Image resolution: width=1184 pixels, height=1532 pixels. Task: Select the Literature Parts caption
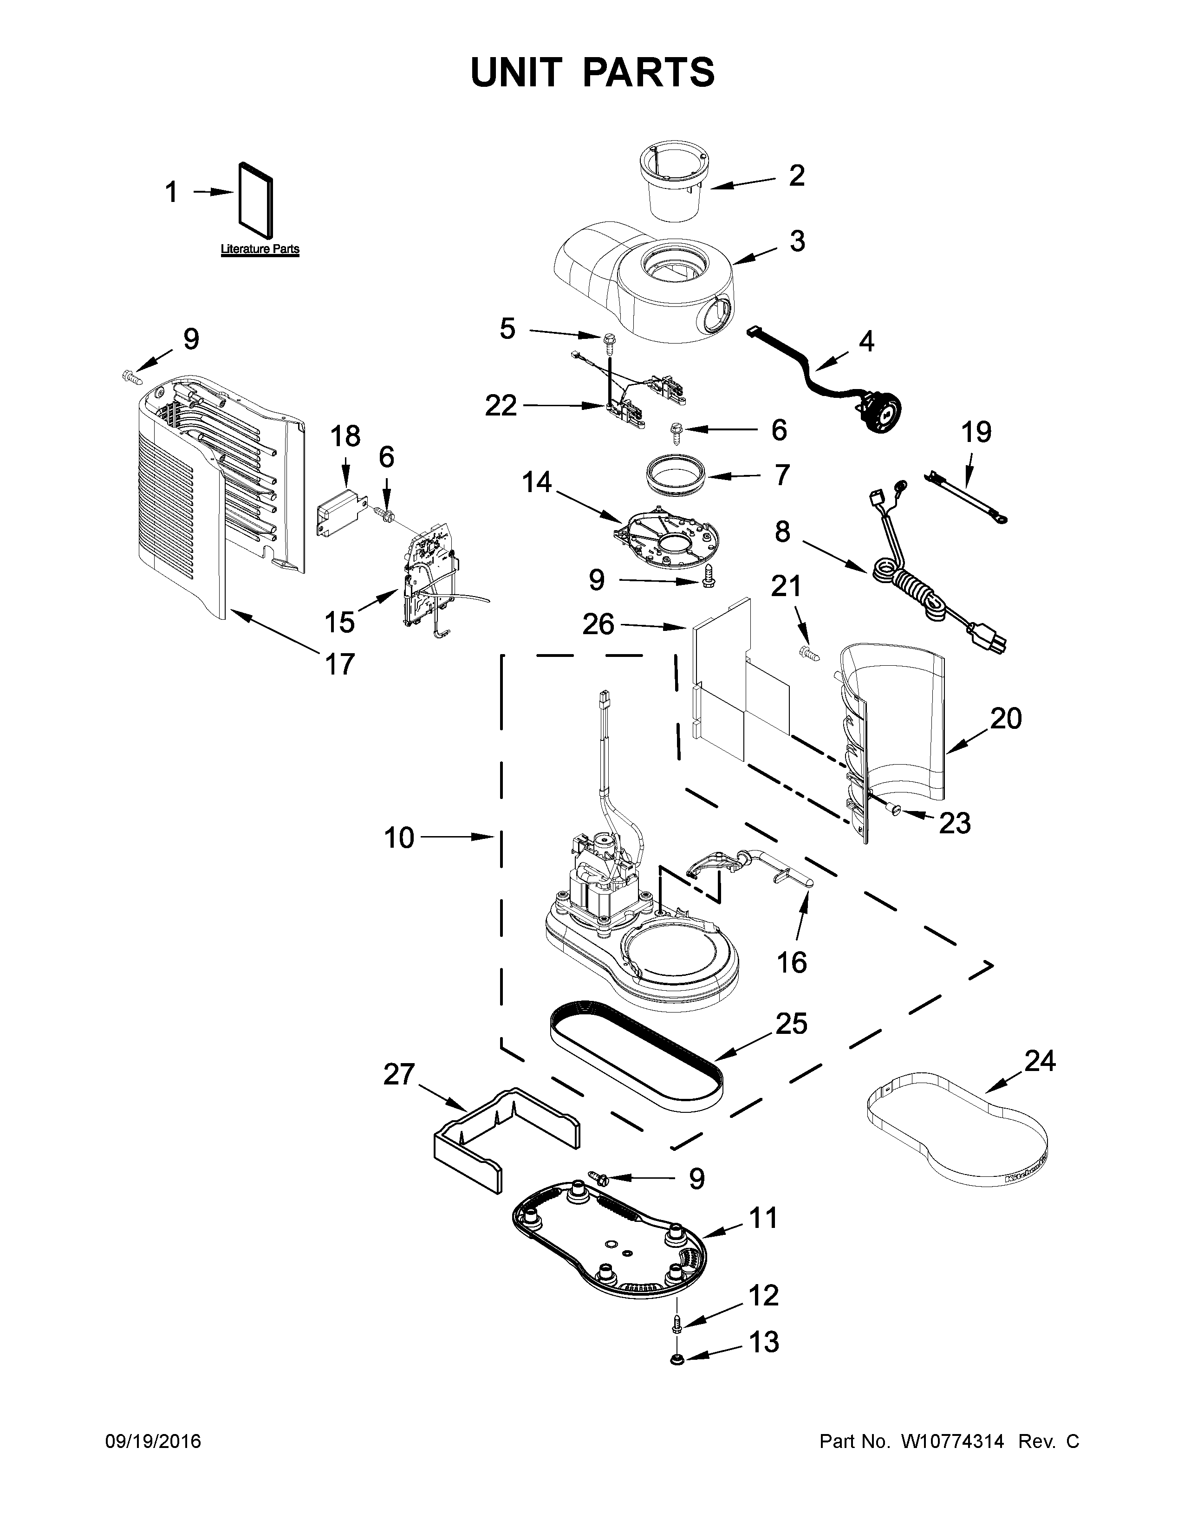pyautogui.click(x=260, y=249)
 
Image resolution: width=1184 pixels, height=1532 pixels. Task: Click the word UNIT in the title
pyautogui.click(x=515, y=72)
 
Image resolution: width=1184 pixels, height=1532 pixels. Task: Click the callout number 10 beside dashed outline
pyautogui.click(x=399, y=837)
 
